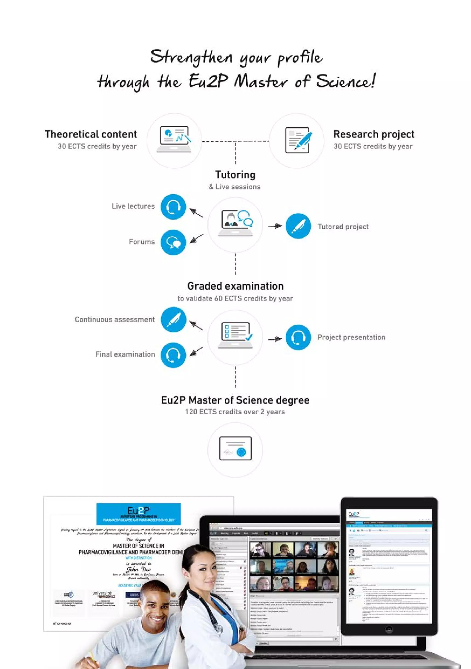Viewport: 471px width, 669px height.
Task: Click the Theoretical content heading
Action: click(91, 134)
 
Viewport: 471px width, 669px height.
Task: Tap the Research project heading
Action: click(373, 134)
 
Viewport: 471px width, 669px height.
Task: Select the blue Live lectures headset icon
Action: click(173, 207)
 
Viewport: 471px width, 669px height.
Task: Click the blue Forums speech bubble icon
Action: click(173, 242)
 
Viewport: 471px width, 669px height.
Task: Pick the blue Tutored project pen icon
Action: click(298, 226)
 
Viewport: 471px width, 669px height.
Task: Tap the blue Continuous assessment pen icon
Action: click(173, 320)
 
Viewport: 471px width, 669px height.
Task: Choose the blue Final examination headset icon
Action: click(173, 355)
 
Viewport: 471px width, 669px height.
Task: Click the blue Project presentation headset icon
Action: click(298, 337)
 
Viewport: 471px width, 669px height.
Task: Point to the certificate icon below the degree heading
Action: click(235, 448)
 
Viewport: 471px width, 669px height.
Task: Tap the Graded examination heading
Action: click(235, 286)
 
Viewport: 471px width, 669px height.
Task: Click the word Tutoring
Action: click(235, 175)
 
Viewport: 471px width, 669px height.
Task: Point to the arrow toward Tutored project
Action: click(275, 226)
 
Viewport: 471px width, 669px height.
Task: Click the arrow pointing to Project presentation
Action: click(275, 339)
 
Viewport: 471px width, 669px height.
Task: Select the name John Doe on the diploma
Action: click(139, 569)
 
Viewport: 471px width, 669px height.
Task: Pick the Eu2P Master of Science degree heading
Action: click(235, 400)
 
